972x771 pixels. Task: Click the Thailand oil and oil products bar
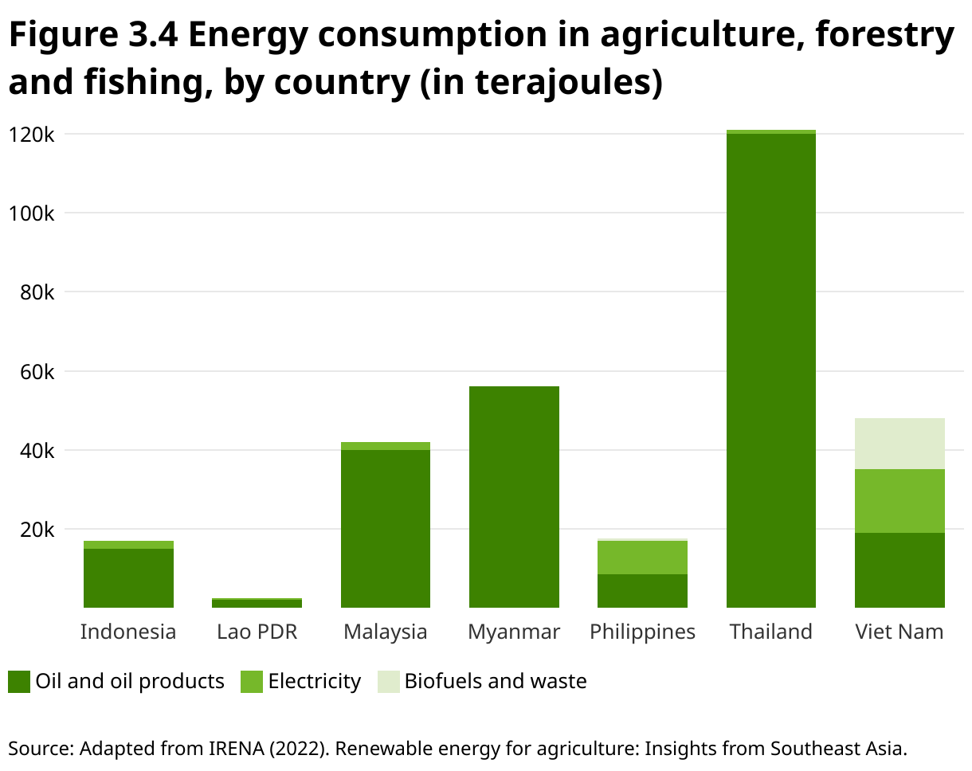770,370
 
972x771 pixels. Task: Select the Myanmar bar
514,497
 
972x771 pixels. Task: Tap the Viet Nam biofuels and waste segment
899,444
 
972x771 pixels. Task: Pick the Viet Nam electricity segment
899,501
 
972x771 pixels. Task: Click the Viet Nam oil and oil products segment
899,570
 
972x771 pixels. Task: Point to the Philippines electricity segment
642,558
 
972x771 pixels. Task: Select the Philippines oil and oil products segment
642,591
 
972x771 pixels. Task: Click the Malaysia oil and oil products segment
386,529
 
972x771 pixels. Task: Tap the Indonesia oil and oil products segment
128,578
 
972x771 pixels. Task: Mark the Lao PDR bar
257,603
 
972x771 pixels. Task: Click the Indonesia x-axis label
128,632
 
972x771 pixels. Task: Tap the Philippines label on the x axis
642,632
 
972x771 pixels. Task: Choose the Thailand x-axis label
770,632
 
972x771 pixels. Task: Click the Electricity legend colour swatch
252,682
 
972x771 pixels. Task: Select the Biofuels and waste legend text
496,682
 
